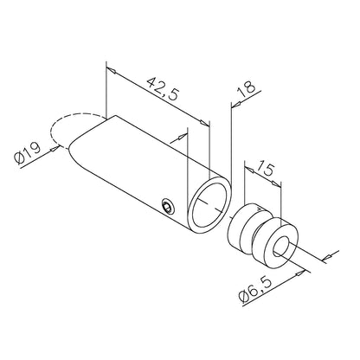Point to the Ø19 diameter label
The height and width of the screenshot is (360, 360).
point(28,153)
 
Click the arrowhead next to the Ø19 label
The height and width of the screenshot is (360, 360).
point(55,149)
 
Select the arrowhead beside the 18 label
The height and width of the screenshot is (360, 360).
point(236,105)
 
